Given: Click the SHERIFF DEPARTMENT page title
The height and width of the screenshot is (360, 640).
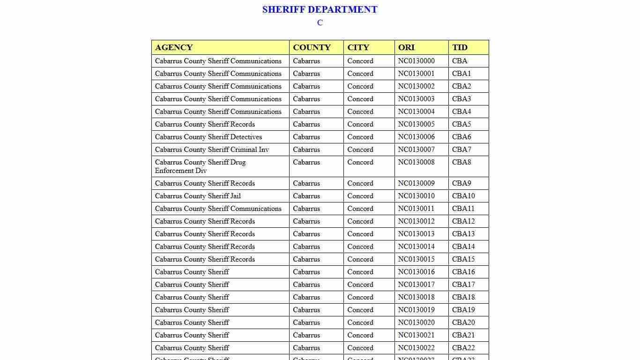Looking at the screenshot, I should click(320, 9).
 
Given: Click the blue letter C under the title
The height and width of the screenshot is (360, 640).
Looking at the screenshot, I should click(320, 22).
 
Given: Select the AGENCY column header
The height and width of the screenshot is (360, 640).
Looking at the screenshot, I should click(174, 47).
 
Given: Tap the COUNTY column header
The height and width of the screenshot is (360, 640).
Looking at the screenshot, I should click(312, 47).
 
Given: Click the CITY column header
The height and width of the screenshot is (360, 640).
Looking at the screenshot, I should click(358, 47).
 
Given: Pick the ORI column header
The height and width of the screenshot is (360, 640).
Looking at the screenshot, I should click(406, 47).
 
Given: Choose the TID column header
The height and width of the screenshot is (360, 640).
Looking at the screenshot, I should click(460, 47).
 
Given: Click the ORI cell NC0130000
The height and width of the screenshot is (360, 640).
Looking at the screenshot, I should click(416, 61).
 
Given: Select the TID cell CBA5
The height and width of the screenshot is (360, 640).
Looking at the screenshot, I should click(461, 124).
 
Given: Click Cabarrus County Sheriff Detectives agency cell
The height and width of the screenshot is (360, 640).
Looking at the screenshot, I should click(208, 137).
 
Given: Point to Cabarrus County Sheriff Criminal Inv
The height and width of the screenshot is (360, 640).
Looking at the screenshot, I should click(212, 150).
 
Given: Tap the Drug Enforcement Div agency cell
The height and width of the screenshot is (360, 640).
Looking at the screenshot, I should click(200, 166).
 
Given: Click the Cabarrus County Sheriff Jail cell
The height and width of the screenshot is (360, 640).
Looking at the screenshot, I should click(198, 196).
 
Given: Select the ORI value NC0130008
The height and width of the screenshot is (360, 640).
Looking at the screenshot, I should click(416, 162).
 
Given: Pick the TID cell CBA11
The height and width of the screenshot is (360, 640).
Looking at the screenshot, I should click(463, 209).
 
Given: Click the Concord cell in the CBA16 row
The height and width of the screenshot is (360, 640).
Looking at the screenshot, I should click(360, 272).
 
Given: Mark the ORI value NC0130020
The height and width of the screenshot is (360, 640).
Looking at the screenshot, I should click(416, 322).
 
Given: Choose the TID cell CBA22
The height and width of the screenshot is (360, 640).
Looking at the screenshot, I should click(463, 348).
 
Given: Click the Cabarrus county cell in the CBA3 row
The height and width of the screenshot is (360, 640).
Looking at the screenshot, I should click(306, 99).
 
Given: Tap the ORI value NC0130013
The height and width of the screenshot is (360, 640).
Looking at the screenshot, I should click(416, 234).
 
